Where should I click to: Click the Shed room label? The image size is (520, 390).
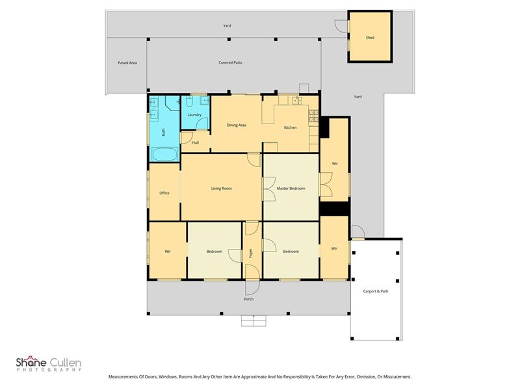370,38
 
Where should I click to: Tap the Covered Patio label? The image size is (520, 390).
230,62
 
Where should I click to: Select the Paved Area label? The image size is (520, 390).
127,62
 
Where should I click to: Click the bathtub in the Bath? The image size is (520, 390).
165,154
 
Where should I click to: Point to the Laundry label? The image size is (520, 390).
194,115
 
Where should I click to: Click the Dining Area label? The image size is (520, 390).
236,125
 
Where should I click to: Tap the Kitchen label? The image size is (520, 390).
290,127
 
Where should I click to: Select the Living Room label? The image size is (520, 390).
222,188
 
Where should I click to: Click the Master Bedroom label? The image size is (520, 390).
291,188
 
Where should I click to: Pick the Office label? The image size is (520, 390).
164,192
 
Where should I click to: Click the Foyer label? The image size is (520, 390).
251,253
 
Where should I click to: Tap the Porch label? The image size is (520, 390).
248,299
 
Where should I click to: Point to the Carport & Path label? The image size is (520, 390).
376,291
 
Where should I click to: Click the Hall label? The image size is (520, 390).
196,142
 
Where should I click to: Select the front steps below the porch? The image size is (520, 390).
253,321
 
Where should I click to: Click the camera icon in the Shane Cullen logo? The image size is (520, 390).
31,357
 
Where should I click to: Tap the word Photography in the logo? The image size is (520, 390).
49,370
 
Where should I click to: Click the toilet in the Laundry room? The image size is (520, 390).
189,101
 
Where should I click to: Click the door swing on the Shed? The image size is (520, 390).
341,26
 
